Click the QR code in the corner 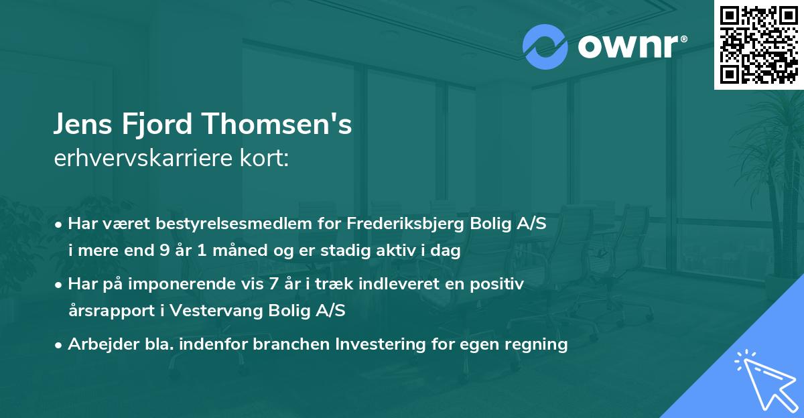coord(758,44)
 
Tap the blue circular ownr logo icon coord(545,47)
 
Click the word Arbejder coord(100,344)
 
